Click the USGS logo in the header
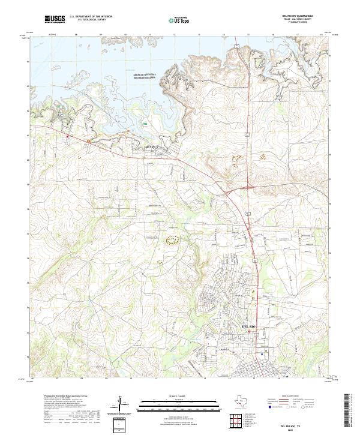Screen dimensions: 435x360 pyautogui.click(x=55, y=19)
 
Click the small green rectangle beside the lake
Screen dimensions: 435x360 pyautogui.click(x=145, y=122)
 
